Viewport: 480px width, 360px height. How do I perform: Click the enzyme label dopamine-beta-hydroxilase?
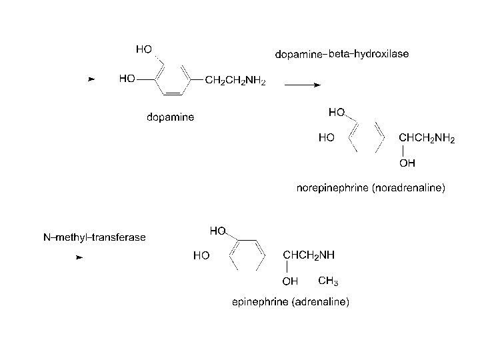(342, 53)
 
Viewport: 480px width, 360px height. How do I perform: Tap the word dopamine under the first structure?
(171, 118)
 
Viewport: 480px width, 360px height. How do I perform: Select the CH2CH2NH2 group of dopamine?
(235, 81)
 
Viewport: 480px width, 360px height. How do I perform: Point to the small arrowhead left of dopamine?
(92, 80)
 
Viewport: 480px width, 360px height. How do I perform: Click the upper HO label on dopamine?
(143, 49)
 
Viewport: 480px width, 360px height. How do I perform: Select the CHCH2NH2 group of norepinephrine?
(427, 139)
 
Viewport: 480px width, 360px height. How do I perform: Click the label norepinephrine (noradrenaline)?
(371, 189)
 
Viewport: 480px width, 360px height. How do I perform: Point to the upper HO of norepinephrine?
(337, 112)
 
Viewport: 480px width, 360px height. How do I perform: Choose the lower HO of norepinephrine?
(326, 139)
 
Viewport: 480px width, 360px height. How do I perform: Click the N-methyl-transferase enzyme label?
(95, 237)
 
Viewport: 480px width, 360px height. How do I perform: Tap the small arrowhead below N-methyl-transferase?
(79, 256)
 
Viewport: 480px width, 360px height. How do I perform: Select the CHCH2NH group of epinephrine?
(309, 255)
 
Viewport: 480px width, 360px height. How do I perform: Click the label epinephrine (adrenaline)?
(290, 302)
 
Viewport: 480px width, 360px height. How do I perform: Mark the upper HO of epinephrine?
(217, 231)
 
